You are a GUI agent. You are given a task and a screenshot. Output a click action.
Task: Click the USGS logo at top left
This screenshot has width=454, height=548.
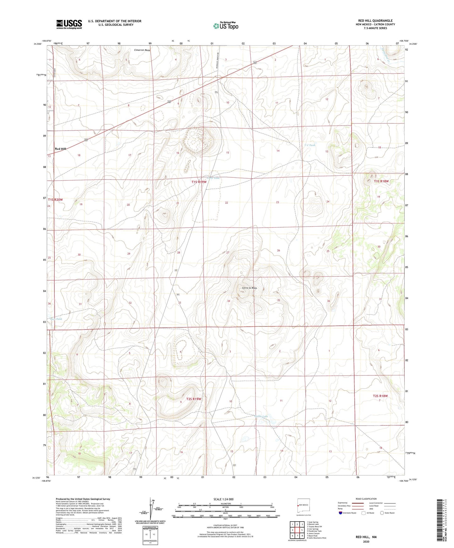[x=69, y=24]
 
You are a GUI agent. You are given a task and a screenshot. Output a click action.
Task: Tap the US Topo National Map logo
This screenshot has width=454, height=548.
[x=225, y=26]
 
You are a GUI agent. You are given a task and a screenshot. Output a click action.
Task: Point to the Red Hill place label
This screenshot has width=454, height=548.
[x=61, y=149]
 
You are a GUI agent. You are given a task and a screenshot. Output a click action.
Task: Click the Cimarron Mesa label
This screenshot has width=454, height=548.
[x=142, y=50]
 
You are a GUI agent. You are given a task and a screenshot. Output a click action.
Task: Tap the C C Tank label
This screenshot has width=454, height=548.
[x=309, y=145]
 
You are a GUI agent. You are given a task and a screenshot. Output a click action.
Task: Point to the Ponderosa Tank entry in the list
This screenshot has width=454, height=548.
[x=315, y=531]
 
